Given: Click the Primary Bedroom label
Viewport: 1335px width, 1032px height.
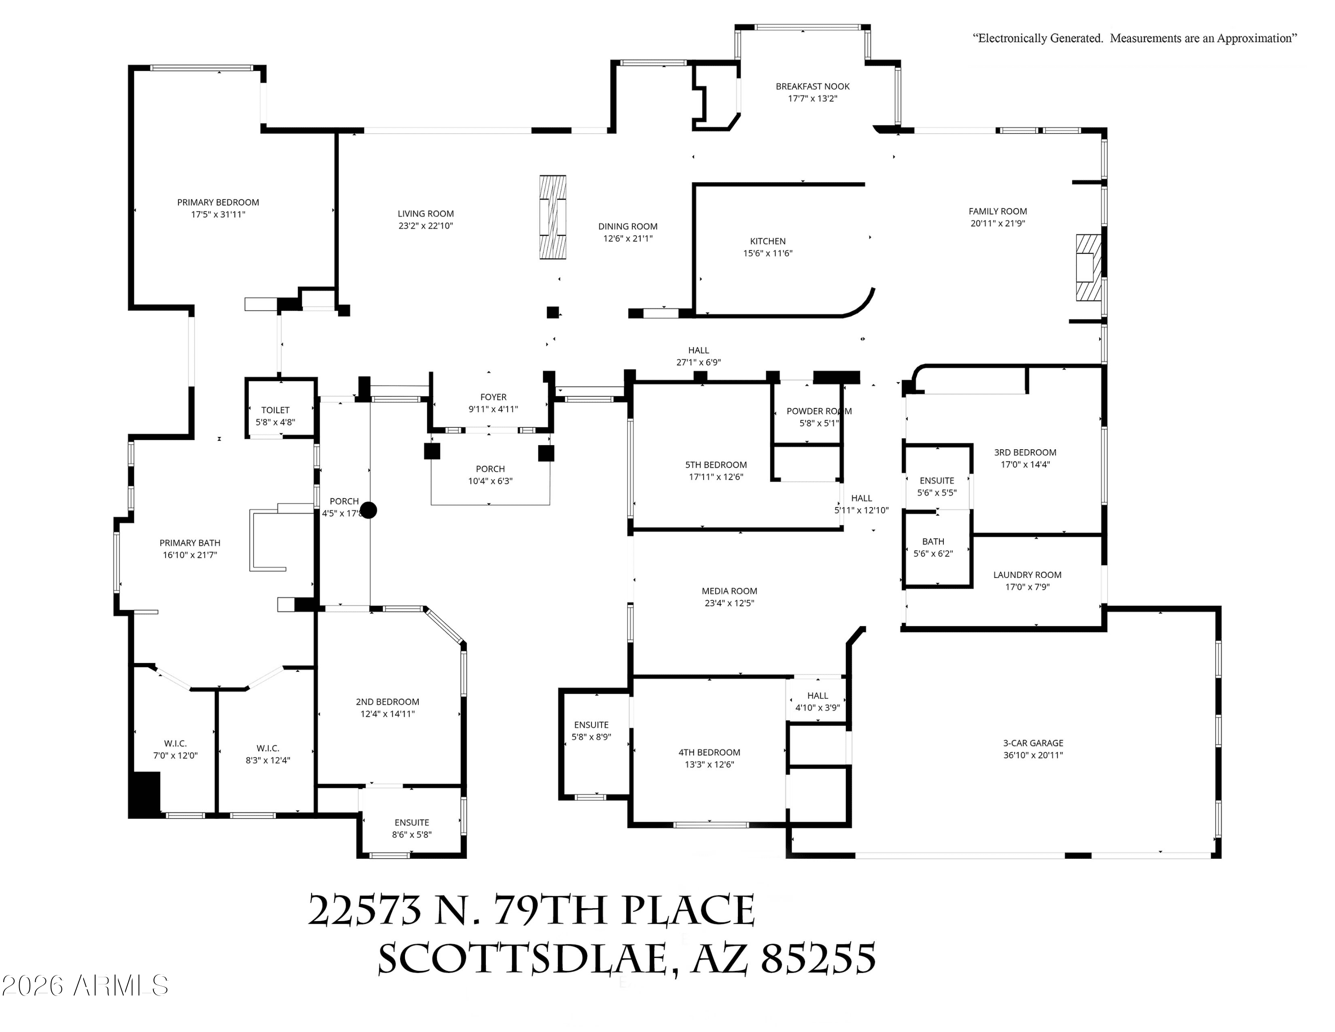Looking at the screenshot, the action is click(x=218, y=203).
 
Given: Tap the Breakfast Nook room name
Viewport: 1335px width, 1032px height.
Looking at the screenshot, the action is click(x=813, y=87).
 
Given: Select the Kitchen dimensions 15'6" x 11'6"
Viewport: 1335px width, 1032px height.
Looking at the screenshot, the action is click(x=768, y=253).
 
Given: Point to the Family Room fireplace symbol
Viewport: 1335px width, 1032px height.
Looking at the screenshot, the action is click(x=1088, y=268).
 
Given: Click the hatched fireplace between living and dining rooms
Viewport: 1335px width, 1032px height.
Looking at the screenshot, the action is click(x=553, y=217).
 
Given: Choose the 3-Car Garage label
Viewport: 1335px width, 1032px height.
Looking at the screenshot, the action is click(x=1033, y=743).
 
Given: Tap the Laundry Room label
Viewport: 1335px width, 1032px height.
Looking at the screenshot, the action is click(x=1027, y=575).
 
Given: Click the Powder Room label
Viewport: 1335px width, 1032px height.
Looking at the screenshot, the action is click(x=819, y=411).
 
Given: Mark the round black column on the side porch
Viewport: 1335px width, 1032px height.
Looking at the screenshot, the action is click(x=368, y=510).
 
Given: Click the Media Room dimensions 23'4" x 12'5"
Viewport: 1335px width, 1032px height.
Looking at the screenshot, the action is click(x=729, y=603).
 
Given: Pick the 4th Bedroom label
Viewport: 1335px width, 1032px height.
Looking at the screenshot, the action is click(x=709, y=752).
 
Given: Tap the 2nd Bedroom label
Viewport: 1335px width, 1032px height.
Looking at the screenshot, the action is click(x=388, y=702).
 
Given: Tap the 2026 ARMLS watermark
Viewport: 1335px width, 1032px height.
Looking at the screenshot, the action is click(x=85, y=986).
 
